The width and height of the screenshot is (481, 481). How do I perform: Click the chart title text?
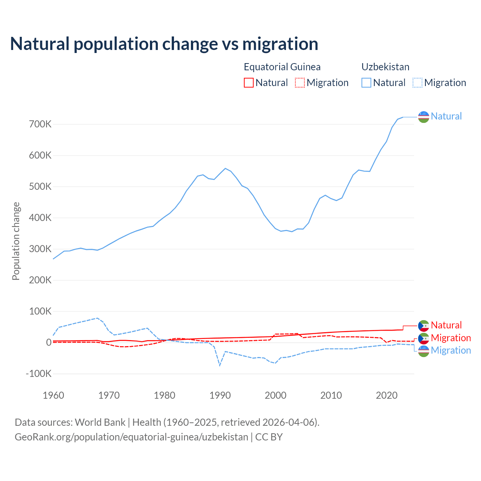164,44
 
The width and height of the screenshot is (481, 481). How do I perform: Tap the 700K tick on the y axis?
40,124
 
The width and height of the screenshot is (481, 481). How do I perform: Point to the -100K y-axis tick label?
38,374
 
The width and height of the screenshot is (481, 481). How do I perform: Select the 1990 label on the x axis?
220,395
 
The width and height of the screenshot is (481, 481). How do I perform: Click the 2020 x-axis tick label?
387,395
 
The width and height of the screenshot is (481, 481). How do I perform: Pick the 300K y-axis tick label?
40,249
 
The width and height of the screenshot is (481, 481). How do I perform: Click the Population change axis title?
16,241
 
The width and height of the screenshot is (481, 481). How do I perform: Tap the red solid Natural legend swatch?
249,83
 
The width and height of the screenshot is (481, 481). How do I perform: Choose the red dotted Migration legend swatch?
300,83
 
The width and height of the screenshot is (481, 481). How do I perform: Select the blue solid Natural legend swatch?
366,83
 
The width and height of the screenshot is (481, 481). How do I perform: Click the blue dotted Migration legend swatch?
417,83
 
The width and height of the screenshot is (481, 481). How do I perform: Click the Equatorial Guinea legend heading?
282,67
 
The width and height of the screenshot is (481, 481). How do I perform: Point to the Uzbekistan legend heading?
385,67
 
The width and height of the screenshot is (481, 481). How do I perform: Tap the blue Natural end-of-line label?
446,116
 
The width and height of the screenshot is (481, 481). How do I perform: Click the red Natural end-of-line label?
446,325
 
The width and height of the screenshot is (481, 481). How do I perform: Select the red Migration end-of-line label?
451,338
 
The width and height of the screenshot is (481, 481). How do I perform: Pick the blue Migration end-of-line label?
451,350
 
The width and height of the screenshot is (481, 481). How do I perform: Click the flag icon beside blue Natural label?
424,117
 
